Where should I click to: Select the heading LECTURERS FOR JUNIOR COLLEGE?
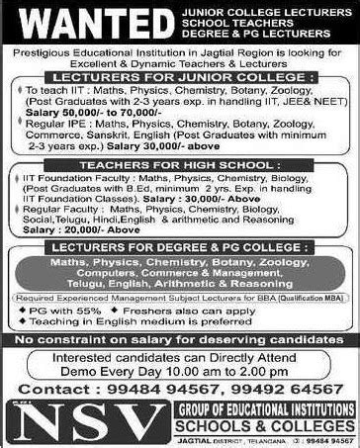pos(180,74)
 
